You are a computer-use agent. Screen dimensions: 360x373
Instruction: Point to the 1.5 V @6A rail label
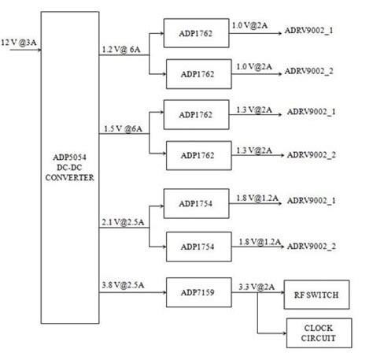[x=121, y=128]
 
